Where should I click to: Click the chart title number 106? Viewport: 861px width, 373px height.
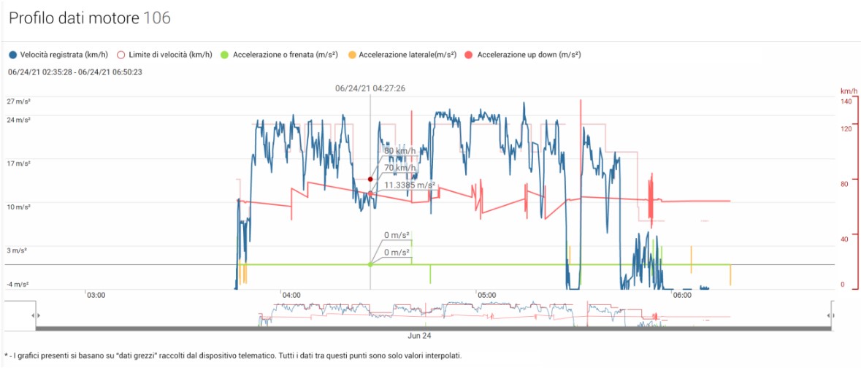(158, 18)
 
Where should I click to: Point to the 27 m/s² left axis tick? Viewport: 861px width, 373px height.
(19, 101)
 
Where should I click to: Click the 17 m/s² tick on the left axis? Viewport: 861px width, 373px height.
(19, 164)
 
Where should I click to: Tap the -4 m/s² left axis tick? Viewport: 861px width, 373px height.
(19, 284)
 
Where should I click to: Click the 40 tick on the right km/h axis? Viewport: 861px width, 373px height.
(846, 239)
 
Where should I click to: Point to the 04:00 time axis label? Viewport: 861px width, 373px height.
(291, 295)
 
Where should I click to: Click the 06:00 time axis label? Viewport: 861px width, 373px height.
(681, 295)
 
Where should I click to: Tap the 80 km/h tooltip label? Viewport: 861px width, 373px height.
(399, 151)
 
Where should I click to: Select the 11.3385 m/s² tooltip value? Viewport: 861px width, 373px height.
(410, 185)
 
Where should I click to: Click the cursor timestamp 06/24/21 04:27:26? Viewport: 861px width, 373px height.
(370, 88)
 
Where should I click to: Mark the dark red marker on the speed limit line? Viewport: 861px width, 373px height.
(370, 179)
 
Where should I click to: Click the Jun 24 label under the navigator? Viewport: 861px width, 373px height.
(419, 337)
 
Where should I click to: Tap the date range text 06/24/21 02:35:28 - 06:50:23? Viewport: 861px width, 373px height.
(75, 72)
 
